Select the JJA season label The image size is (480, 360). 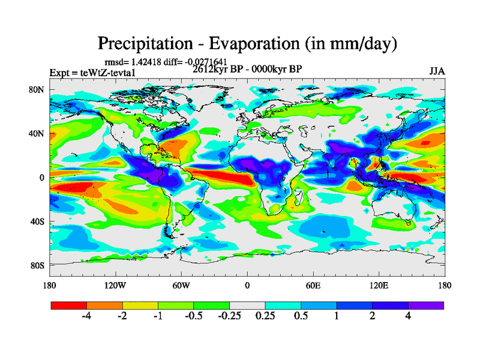(437, 71)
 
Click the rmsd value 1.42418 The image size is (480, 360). (145, 62)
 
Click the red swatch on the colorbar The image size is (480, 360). (69, 305)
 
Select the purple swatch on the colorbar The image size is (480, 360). (426, 305)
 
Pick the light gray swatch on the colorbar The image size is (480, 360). (247, 305)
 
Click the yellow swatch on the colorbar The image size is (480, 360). (140, 305)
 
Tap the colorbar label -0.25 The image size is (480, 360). (229, 316)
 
